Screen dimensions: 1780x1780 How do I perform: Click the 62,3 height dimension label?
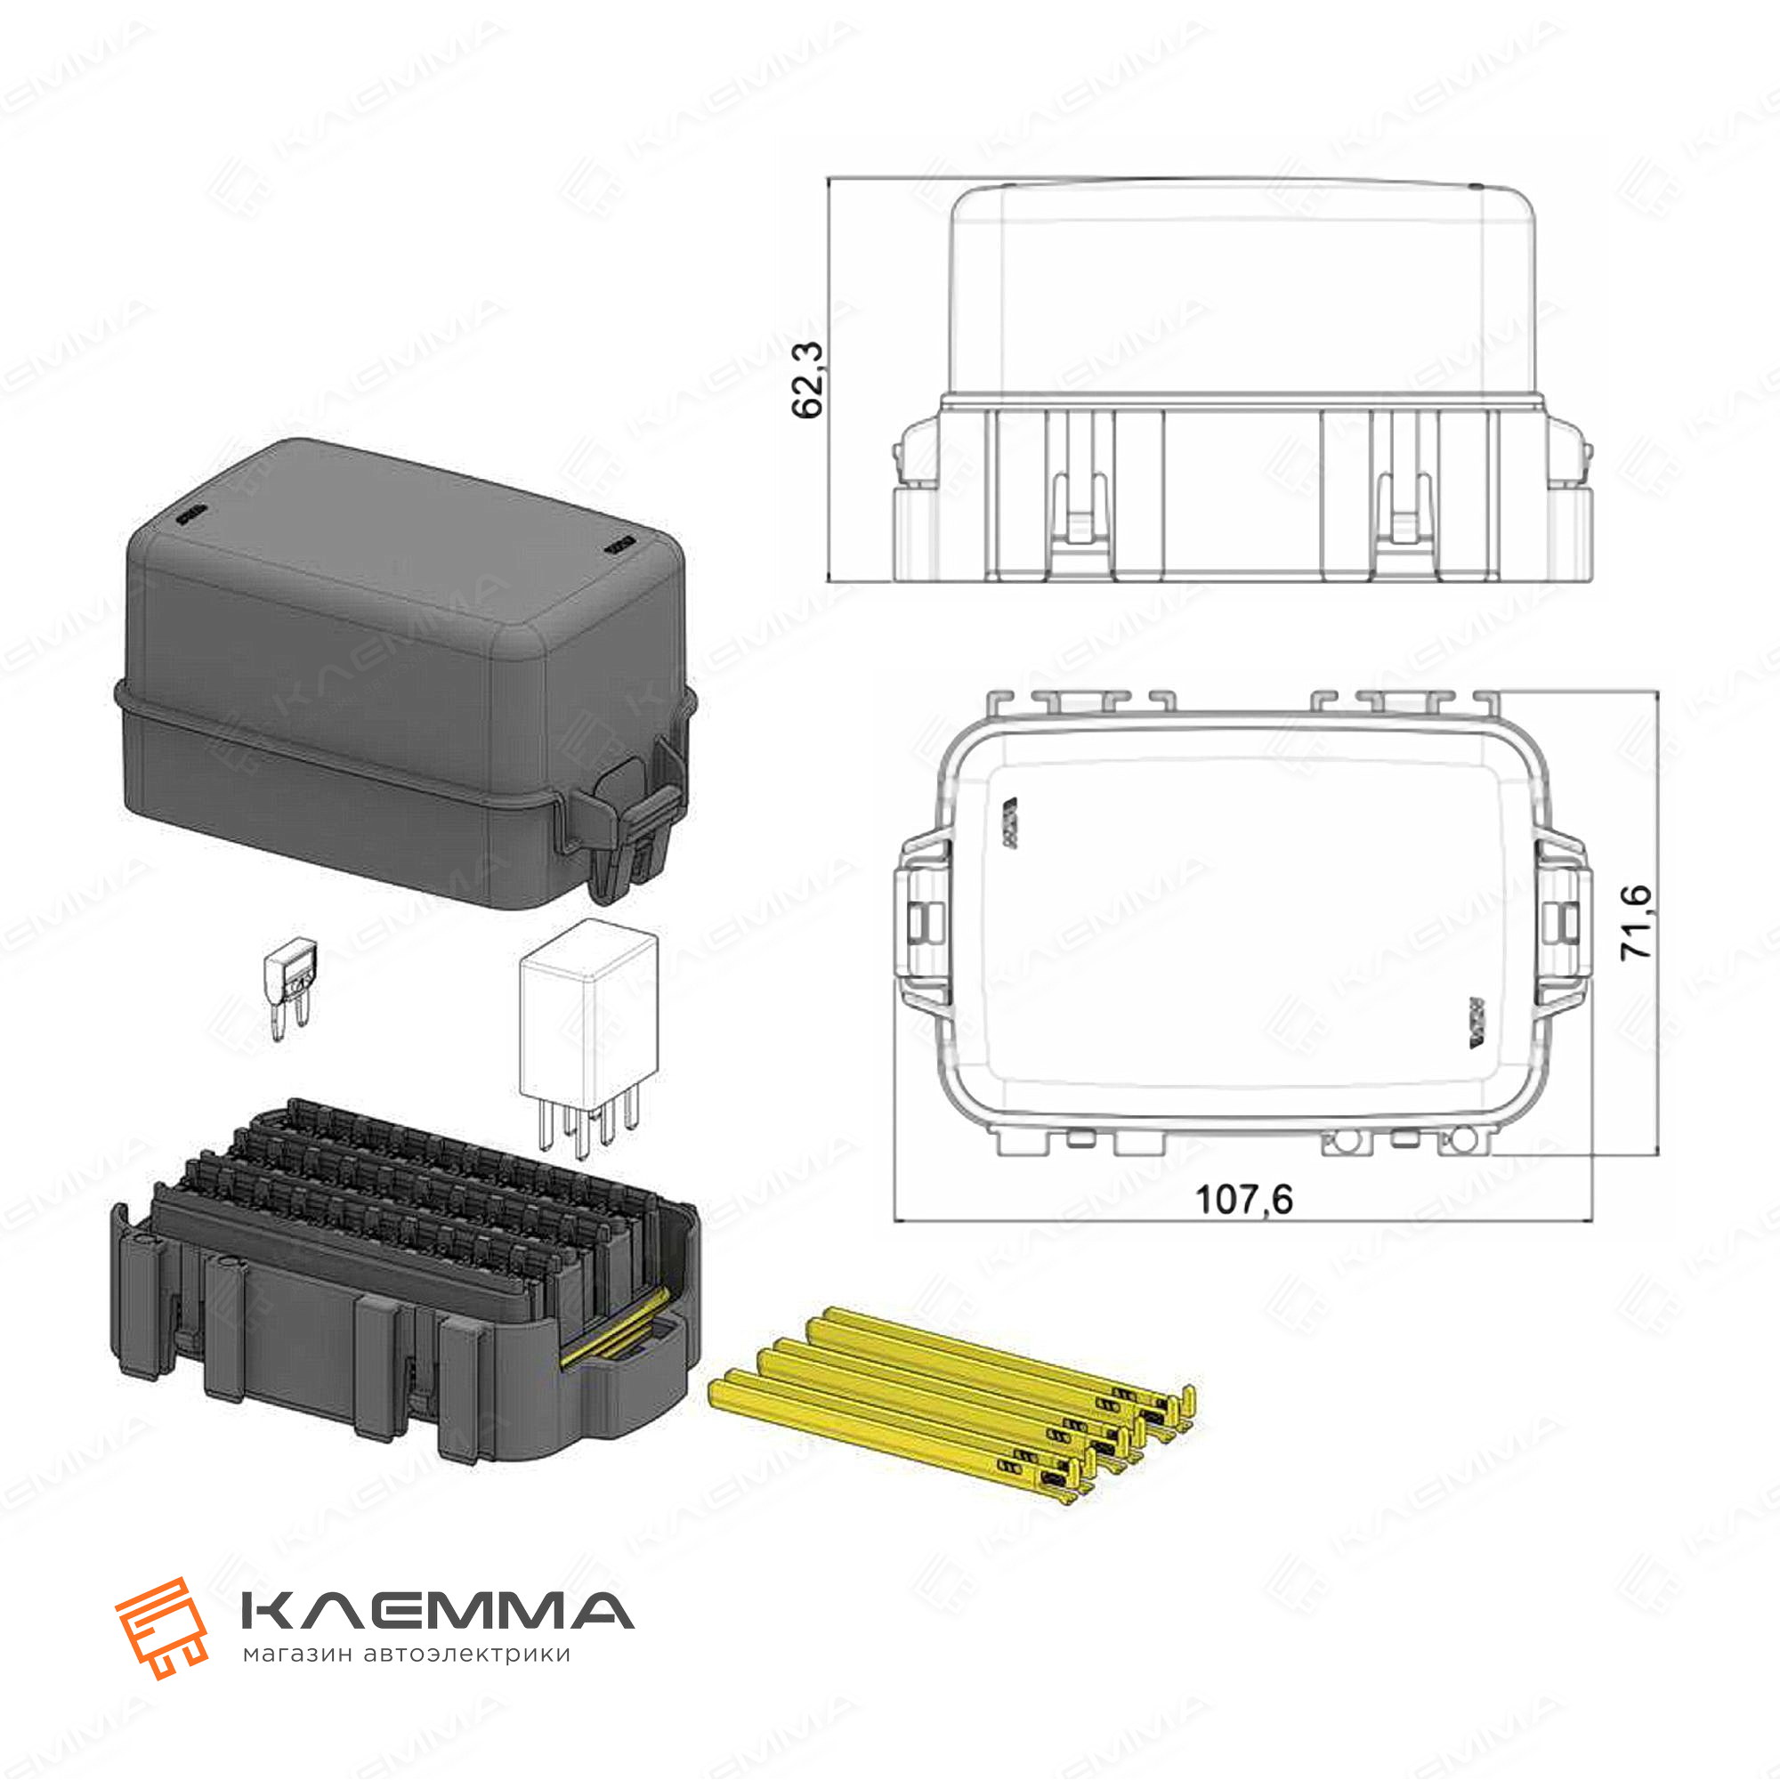point(808,380)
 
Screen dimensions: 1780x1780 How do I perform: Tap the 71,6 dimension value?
point(1637,922)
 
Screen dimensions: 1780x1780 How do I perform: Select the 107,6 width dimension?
point(1244,1200)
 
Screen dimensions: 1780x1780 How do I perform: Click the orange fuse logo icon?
point(161,1628)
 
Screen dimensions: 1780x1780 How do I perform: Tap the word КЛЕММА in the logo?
point(437,1611)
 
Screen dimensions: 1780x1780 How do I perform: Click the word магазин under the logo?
point(296,1655)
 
